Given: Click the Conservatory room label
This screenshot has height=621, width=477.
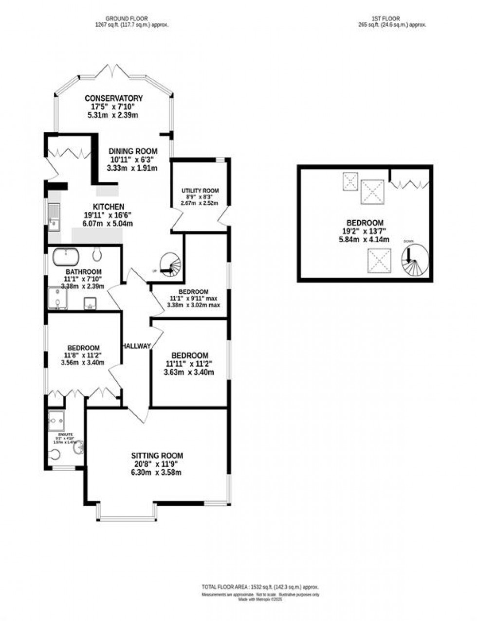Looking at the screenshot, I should (113, 98).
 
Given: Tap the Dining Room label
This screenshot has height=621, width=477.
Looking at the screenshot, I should (132, 151).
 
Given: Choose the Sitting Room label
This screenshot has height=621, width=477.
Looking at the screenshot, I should (157, 456).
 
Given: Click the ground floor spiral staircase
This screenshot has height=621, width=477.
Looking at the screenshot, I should (171, 266).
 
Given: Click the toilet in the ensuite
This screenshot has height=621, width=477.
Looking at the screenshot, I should (55, 454).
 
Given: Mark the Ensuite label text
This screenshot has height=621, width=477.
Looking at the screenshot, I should (65, 434).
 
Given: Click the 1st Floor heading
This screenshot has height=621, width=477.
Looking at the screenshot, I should (385, 18).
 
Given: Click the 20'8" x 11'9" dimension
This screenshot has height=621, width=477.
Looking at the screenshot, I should (157, 464).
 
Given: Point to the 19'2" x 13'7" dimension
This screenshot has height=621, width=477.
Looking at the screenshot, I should (365, 231).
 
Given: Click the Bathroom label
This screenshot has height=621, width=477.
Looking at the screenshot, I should (84, 272).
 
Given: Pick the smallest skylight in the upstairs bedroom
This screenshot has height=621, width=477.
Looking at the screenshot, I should (350, 182).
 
